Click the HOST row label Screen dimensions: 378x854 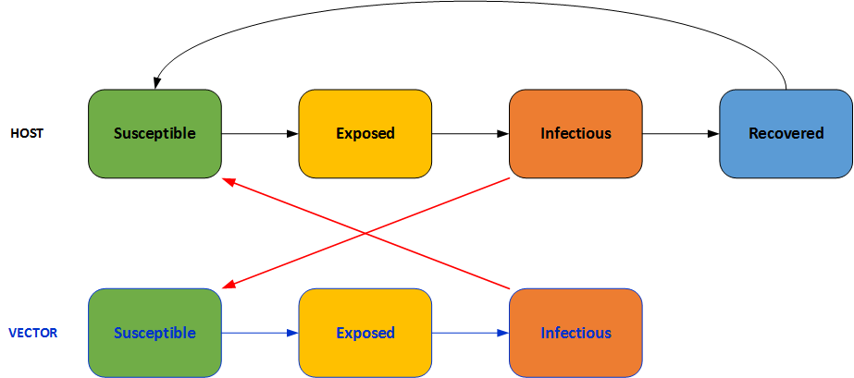[x=27, y=133]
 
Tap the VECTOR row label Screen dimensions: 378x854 [x=32, y=333]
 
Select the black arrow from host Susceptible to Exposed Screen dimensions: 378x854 [x=260, y=134]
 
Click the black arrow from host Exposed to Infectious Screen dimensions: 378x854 [x=470, y=134]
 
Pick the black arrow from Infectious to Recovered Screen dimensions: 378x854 [x=681, y=134]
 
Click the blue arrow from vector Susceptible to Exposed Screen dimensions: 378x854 [x=260, y=333]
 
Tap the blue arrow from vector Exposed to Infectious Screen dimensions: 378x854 [x=470, y=333]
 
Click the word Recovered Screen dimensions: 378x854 [x=786, y=133]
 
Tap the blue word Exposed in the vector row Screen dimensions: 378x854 [x=365, y=333]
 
